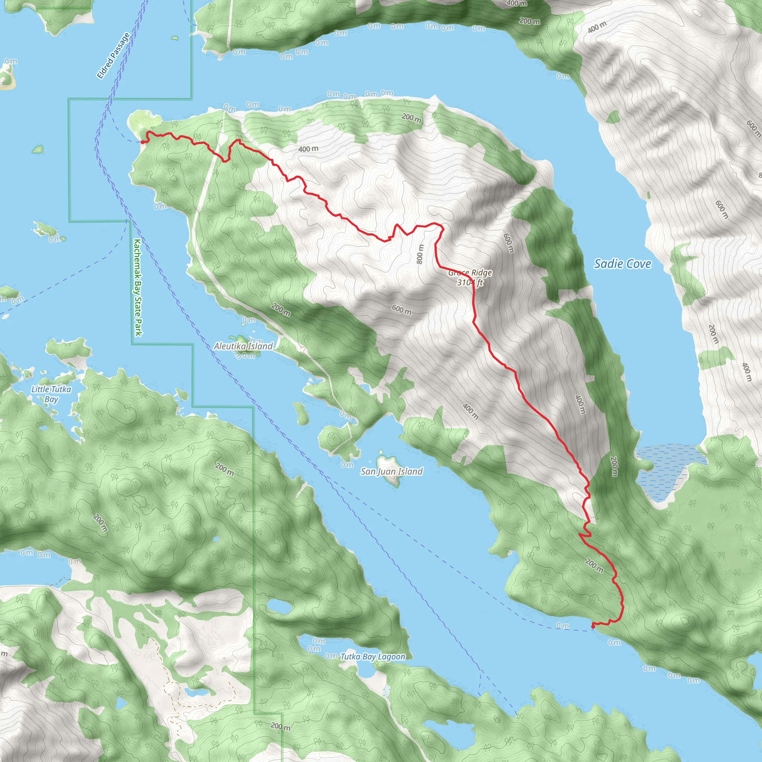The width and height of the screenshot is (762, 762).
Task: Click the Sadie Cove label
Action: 622,264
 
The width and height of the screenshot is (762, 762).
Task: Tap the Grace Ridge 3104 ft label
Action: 470,277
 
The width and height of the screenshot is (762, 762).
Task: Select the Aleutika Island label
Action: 243,346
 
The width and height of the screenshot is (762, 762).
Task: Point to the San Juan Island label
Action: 392,471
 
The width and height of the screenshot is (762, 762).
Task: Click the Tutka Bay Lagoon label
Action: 373,656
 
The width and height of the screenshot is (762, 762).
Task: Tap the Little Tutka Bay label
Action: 51,394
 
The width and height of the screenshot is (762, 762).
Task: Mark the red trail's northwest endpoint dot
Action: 143,142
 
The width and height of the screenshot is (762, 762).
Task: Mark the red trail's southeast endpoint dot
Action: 593,626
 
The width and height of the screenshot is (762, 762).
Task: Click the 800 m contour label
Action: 420,254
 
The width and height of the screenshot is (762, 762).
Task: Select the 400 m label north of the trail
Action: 308,149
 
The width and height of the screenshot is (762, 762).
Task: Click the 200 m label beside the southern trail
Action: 594,566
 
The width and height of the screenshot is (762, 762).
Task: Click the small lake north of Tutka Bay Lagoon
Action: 279,606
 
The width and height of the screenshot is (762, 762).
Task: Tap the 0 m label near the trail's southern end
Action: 563,625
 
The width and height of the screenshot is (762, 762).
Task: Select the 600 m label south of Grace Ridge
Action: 401,310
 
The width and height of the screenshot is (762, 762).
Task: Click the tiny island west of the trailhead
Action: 38,149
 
